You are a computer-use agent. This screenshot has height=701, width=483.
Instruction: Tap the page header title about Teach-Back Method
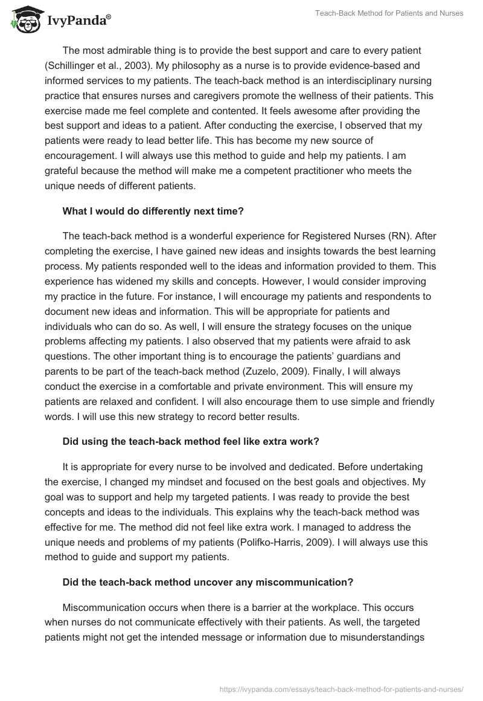tap(389, 13)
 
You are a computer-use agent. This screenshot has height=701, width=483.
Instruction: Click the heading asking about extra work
tap(191, 441)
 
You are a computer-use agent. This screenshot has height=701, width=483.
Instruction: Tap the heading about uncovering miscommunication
tap(200, 583)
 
